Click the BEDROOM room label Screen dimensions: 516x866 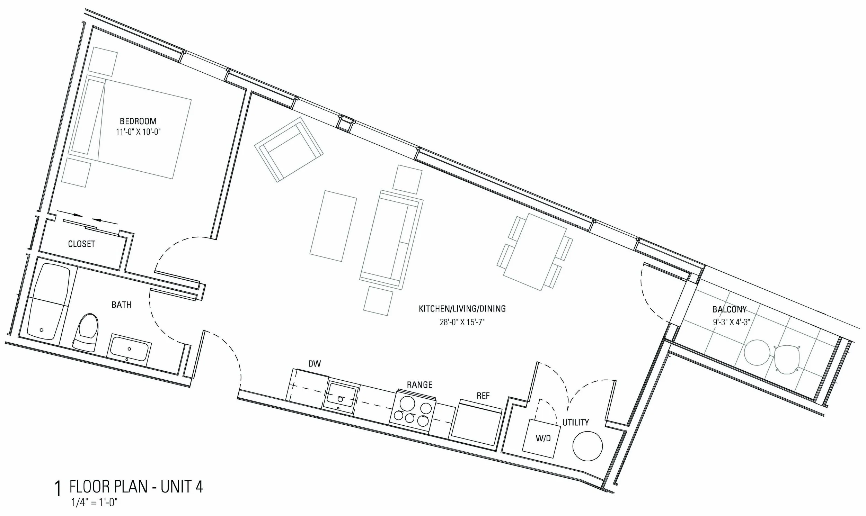click(x=138, y=121)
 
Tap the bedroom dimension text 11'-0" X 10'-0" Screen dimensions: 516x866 click(x=138, y=132)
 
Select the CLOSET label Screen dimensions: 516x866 click(x=81, y=244)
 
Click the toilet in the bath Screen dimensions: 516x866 click(x=86, y=333)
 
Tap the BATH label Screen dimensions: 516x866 click(x=121, y=305)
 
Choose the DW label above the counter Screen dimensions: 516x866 click(x=315, y=364)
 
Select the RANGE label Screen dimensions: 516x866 click(x=419, y=385)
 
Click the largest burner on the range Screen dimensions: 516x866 click(x=407, y=404)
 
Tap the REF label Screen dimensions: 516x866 click(x=483, y=395)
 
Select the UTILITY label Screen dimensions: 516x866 click(x=575, y=423)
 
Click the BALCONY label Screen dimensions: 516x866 click(x=729, y=309)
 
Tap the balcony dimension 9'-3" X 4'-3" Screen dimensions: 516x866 click(x=731, y=322)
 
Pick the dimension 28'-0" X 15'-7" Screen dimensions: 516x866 click(x=462, y=322)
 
